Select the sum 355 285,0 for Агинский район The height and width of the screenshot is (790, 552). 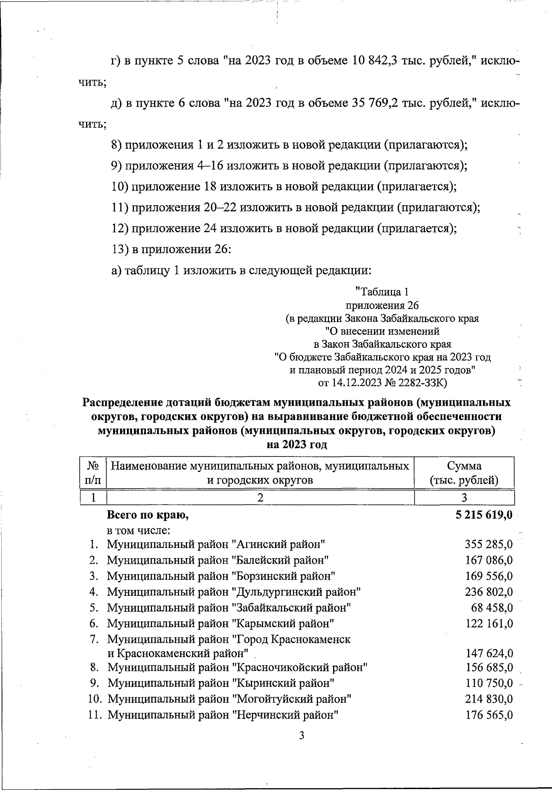click(x=489, y=545)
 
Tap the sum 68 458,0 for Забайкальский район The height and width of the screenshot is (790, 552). click(x=492, y=608)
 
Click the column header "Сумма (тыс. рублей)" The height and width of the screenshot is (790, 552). click(x=464, y=473)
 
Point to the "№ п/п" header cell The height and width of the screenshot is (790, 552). click(x=93, y=473)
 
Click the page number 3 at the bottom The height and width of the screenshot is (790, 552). click(x=302, y=735)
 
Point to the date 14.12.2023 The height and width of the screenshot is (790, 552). click(x=356, y=383)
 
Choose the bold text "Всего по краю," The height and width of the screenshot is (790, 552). click(x=148, y=515)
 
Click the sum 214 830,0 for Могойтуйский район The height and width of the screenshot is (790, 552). click(x=489, y=699)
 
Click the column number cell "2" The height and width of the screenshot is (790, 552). click(x=260, y=497)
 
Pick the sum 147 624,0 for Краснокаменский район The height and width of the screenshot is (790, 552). click(x=489, y=653)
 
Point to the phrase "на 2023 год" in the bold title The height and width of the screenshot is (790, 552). click(x=297, y=445)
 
